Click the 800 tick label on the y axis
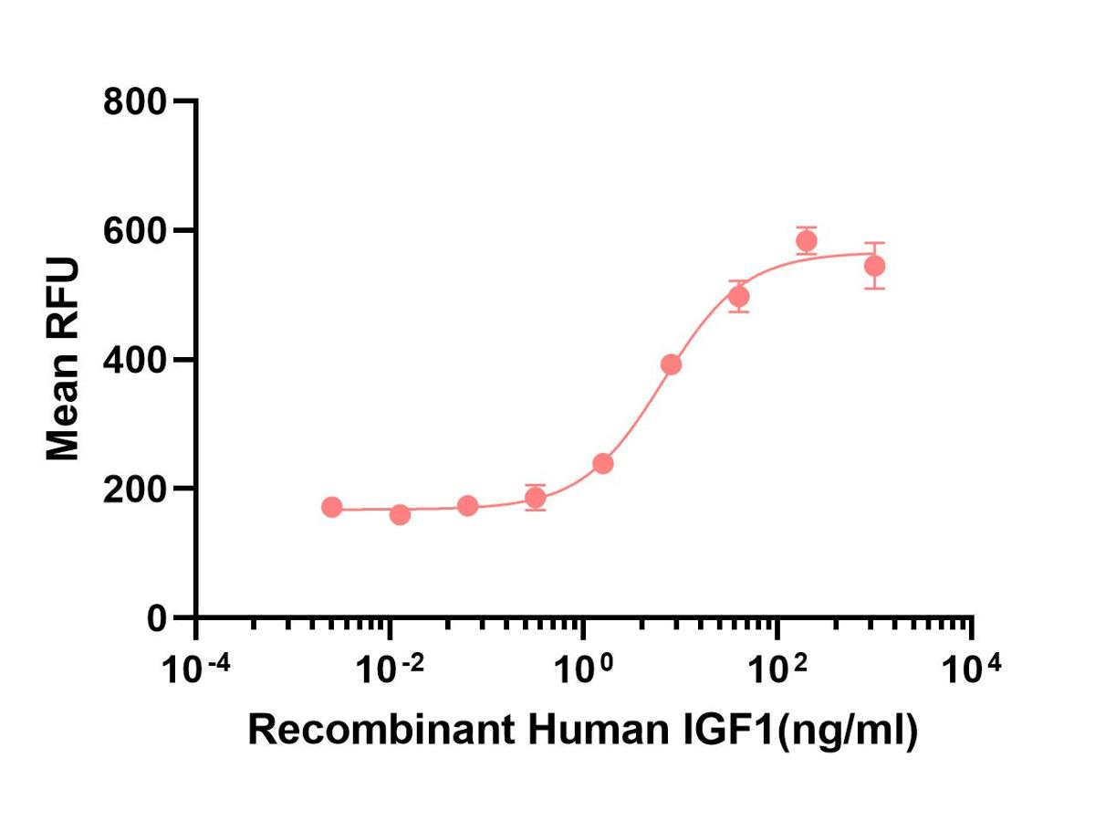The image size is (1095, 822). point(134,101)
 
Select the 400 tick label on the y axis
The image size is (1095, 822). point(134,360)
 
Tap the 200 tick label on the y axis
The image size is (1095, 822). point(134,489)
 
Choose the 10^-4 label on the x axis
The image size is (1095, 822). point(195,670)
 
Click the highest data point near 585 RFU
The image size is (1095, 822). point(806,241)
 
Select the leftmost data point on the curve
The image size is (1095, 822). point(332,507)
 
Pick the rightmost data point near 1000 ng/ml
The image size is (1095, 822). point(874,266)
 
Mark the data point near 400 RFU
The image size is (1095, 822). point(671,364)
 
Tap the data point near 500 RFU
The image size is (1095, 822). point(739,296)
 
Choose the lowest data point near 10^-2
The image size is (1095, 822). point(400,515)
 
